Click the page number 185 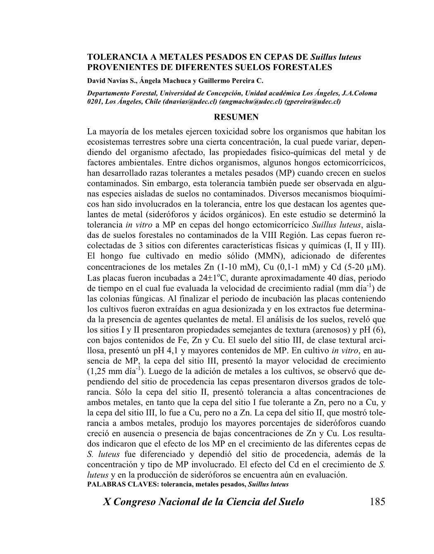click(x=377, y=501)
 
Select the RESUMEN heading click(x=236, y=117)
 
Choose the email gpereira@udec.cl click(x=312, y=101)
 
